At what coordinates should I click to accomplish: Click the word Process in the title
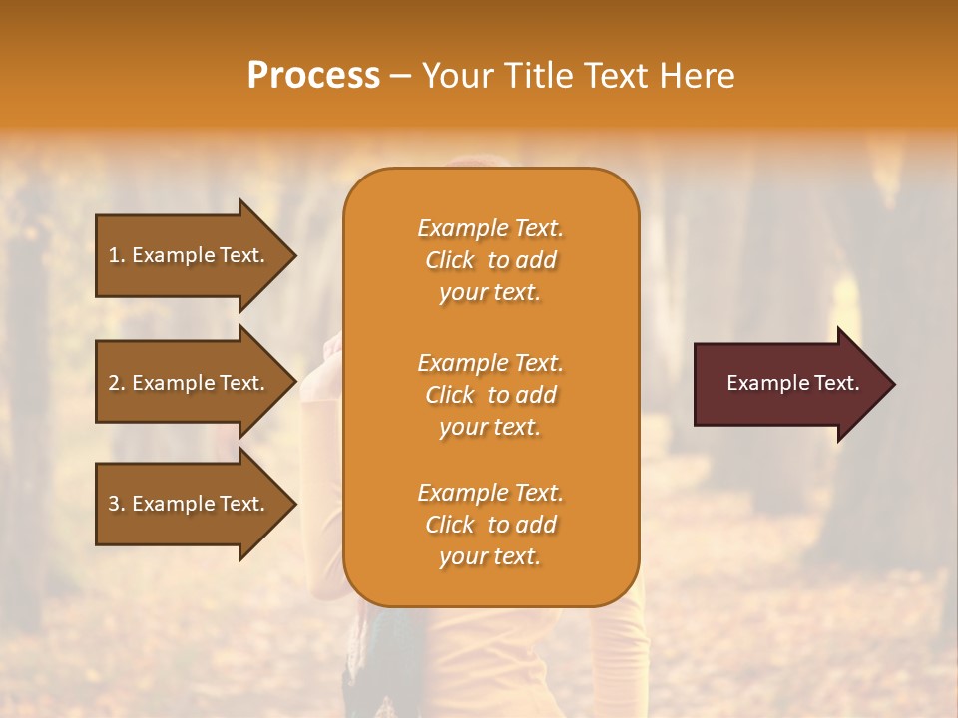(x=313, y=76)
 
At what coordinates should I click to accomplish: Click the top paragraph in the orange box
(x=490, y=260)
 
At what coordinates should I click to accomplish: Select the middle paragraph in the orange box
(x=490, y=395)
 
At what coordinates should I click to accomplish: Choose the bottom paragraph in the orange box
(x=490, y=525)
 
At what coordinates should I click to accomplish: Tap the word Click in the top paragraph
(x=450, y=260)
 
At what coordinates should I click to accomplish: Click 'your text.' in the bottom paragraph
(x=490, y=556)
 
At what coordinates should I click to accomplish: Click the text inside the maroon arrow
(x=792, y=383)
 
